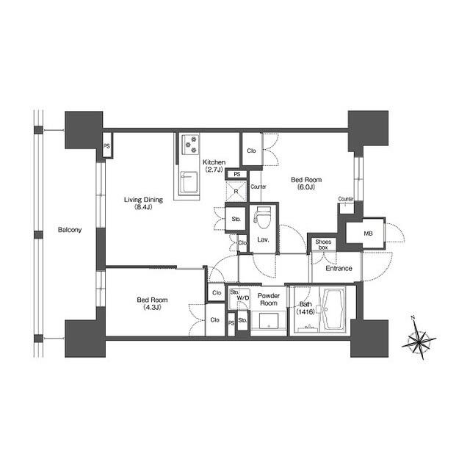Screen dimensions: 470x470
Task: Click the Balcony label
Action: point(70,230)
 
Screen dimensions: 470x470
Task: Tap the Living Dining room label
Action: point(144,203)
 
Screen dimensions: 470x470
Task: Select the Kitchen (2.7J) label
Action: point(214,166)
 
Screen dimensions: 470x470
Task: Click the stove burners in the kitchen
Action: point(191,144)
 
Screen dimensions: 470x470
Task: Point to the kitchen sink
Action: point(189,183)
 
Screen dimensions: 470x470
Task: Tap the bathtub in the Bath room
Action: point(333,309)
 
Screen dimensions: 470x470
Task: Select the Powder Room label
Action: point(269,300)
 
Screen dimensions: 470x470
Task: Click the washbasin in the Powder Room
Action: point(269,321)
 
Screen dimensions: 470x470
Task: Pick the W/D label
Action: point(243,298)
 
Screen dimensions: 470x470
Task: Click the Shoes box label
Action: point(323,245)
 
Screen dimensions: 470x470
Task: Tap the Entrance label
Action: point(339,268)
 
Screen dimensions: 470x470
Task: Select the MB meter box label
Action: point(368,234)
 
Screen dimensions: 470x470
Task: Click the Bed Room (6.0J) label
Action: point(306,184)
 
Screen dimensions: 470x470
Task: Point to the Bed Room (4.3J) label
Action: point(152,303)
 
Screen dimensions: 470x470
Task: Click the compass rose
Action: point(419,339)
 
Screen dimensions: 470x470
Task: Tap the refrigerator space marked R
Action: point(236,191)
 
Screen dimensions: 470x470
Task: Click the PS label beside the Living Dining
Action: point(106,146)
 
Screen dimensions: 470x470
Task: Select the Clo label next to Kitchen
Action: point(251,151)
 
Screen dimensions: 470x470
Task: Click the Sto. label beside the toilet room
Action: point(236,219)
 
